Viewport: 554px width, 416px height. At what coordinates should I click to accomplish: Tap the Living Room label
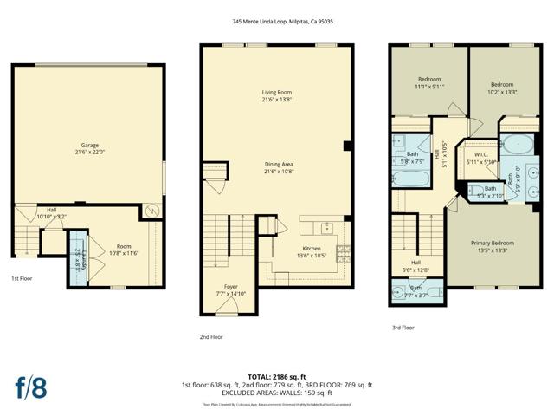[278, 95]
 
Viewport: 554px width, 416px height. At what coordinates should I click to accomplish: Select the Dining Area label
[278, 166]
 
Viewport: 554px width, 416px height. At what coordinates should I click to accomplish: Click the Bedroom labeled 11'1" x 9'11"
[428, 82]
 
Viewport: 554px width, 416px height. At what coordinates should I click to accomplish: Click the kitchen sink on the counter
[325, 229]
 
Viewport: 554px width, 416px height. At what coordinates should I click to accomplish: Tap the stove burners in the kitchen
[343, 254]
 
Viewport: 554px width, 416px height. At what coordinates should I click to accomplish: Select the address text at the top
[277, 22]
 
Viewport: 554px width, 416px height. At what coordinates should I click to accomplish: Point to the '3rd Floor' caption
[403, 328]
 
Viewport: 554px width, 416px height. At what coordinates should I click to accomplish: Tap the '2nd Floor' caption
[211, 337]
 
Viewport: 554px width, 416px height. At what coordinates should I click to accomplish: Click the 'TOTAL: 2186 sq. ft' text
[277, 377]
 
